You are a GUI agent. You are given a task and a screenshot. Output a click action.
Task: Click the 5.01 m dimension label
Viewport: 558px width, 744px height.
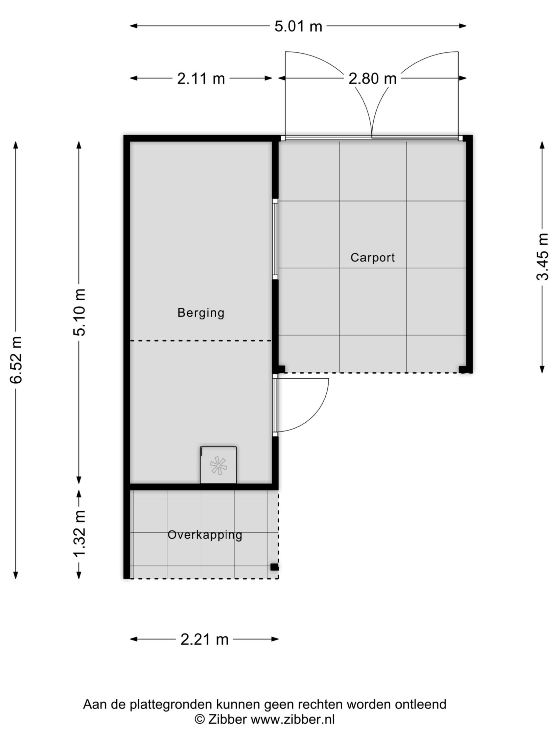[x=298, y=26]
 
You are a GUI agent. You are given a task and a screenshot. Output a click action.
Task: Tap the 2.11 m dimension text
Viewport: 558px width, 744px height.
[x=201, y=79]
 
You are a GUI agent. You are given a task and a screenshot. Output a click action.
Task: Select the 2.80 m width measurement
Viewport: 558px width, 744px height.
[x=372, y=79]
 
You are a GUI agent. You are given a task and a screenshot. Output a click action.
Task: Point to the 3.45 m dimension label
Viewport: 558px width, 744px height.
[x=542, y=257]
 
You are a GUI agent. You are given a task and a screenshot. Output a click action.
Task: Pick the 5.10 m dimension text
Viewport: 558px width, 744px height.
[x=79, y=312]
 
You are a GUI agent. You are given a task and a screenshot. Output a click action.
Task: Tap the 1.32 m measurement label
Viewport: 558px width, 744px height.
[x=79, y=534]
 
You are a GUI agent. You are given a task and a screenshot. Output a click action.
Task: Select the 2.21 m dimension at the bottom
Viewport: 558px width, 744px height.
[x=205, y=640]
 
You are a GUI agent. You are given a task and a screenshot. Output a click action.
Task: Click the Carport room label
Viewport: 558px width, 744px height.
[x=373, y=258]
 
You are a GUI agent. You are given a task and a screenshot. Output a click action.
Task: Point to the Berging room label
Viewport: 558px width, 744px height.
[x=201, y=313]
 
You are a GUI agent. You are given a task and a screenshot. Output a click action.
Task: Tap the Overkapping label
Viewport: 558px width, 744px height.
[x=205, y=535]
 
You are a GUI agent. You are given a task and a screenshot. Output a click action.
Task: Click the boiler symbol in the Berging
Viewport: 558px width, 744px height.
[x=218, y=465]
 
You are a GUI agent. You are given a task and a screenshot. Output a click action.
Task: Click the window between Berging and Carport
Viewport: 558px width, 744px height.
[x=275, y=239]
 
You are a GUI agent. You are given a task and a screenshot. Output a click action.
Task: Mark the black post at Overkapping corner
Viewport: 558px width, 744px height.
[x=274, y=567]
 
